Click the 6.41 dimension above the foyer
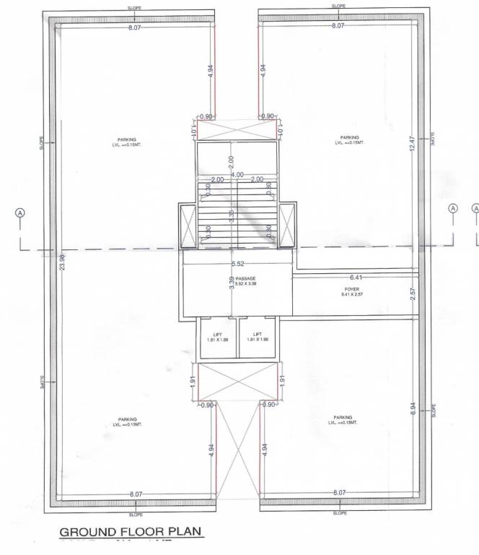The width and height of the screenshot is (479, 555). pyautogui.click(x=355, y=277)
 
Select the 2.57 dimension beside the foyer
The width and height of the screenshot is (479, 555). pyautogui.click(x=413, y=294)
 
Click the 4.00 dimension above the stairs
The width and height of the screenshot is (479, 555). pyautogui.click(x=237, y=173)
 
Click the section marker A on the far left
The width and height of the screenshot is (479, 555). pyautogui.click(x=21, y=212)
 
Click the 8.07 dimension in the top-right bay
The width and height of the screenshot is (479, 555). pyautogui.click(x=338, y=25)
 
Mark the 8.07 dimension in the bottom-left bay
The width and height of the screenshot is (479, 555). pyautogui.click(x=135, y=493)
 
